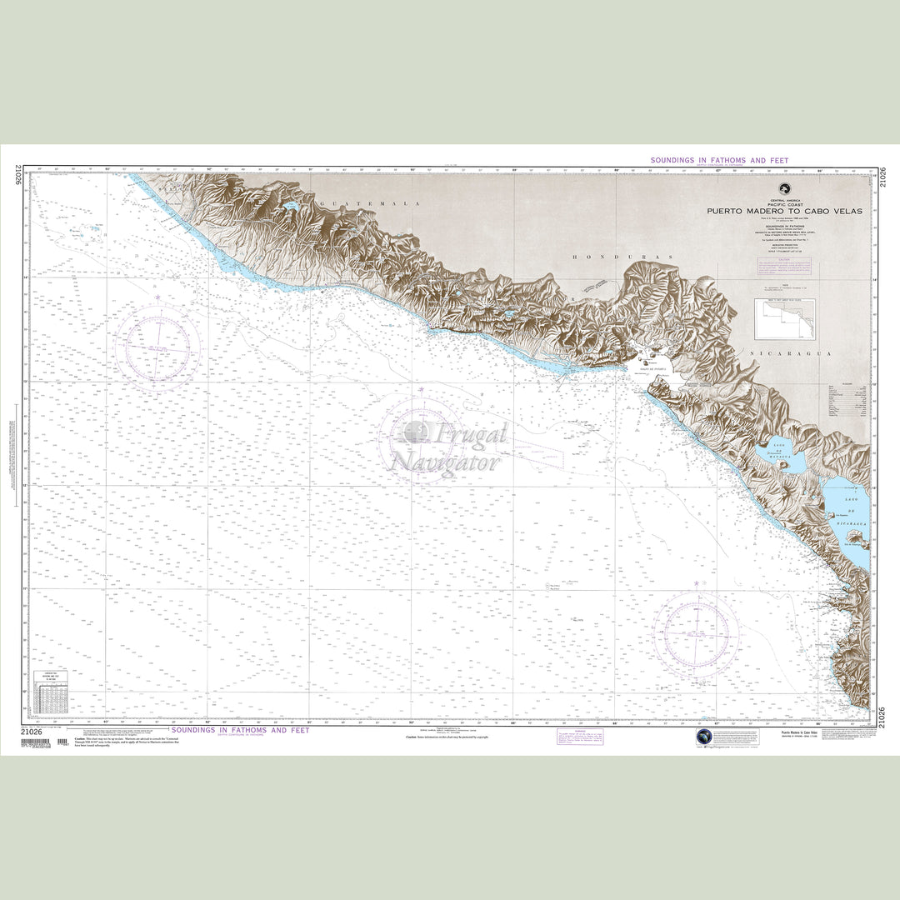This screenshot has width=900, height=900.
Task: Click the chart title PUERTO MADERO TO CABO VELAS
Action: pos(784,211)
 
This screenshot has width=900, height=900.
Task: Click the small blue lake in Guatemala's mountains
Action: pos(290,205)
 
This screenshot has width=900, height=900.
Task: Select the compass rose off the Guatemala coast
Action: pos(157,347)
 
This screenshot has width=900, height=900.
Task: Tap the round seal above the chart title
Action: pos(784,189)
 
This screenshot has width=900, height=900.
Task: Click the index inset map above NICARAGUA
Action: pos(784,319)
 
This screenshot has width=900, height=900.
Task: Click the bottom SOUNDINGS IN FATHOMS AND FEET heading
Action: pos(240,730)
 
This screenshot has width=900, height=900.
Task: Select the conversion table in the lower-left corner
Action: pos(50,691)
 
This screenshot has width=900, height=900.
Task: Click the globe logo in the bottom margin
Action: pos(705,737)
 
